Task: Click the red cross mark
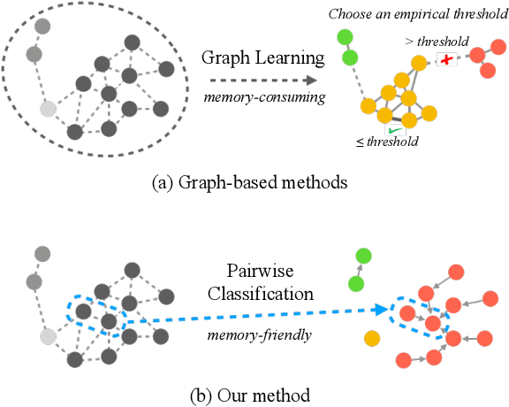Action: [448, 59]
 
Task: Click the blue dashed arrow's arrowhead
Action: [385, 311]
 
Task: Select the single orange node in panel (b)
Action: [372, 338]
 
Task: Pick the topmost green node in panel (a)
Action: [344, 37]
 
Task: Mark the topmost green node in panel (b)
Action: [362, 257]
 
